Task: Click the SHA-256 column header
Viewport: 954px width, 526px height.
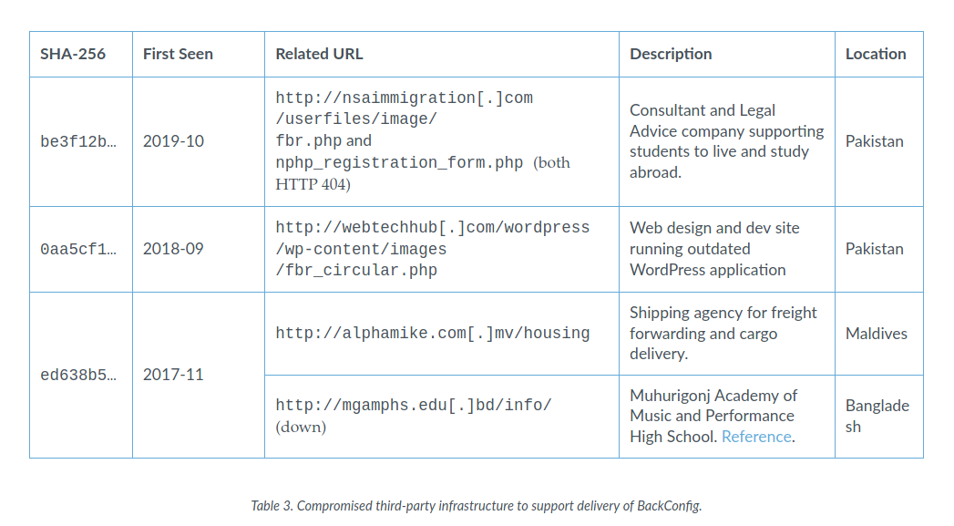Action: click(72, 54)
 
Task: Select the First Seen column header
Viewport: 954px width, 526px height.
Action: click(178, 54)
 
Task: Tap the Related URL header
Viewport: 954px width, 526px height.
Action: click(319, 54)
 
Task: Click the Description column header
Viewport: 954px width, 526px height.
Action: click(671, 54)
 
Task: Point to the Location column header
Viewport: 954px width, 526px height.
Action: click(876, 54)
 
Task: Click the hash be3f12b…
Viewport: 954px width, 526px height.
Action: click(77, 141)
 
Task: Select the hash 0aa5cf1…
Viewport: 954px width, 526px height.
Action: click(77, 249)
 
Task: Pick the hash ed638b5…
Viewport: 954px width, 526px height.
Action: click(77, 375)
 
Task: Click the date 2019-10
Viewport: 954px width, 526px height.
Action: click(173, 141)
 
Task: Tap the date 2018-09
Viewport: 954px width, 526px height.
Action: click(173, 249)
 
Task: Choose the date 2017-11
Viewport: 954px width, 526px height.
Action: click(173, 375)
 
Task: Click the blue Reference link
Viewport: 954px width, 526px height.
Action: click(756, 437)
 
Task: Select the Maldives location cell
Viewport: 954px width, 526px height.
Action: click(877, 334)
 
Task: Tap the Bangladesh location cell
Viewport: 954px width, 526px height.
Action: click(877, 416)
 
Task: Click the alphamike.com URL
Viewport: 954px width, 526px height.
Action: click(433, 334)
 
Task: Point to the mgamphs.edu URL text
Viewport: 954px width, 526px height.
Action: click(414, 406)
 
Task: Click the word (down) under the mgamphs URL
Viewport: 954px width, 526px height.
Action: click(301, 427)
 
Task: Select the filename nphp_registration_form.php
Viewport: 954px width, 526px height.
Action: click(399, 163)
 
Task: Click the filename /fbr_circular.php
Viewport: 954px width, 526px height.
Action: click(356, 271)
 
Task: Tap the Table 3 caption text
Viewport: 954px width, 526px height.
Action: click(477, 506)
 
